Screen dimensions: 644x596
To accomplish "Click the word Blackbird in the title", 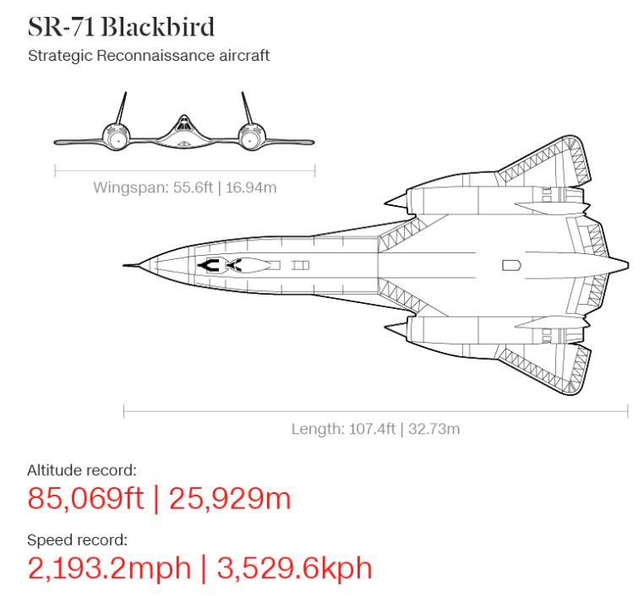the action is click(x=157, y=27).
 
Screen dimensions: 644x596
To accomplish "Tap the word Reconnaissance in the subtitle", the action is click(x=156, y=56).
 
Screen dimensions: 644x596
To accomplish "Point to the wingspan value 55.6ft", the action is click(x=193, y=187).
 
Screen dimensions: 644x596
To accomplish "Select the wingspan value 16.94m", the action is click(x=251, y=187).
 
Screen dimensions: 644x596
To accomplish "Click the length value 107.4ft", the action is click(x=372, y=429).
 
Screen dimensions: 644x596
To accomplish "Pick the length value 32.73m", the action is click(x=434, y=429).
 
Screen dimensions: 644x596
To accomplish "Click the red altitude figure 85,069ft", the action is click(x=85, y=498).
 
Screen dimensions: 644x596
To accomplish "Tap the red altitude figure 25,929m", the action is click(x=230, y=498).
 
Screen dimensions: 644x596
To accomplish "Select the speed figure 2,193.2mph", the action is click(x=110, y=568).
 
